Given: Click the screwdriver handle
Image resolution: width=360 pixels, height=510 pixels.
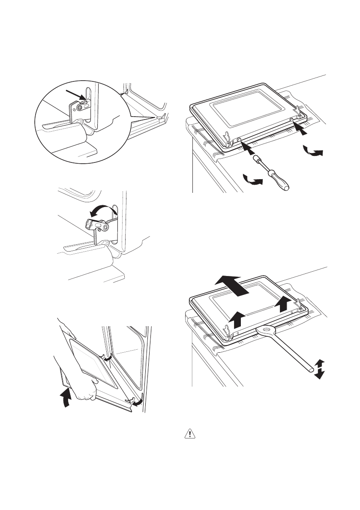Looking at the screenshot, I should point(279,177).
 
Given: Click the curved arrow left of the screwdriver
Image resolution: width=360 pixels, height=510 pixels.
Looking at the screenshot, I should point(252,180).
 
